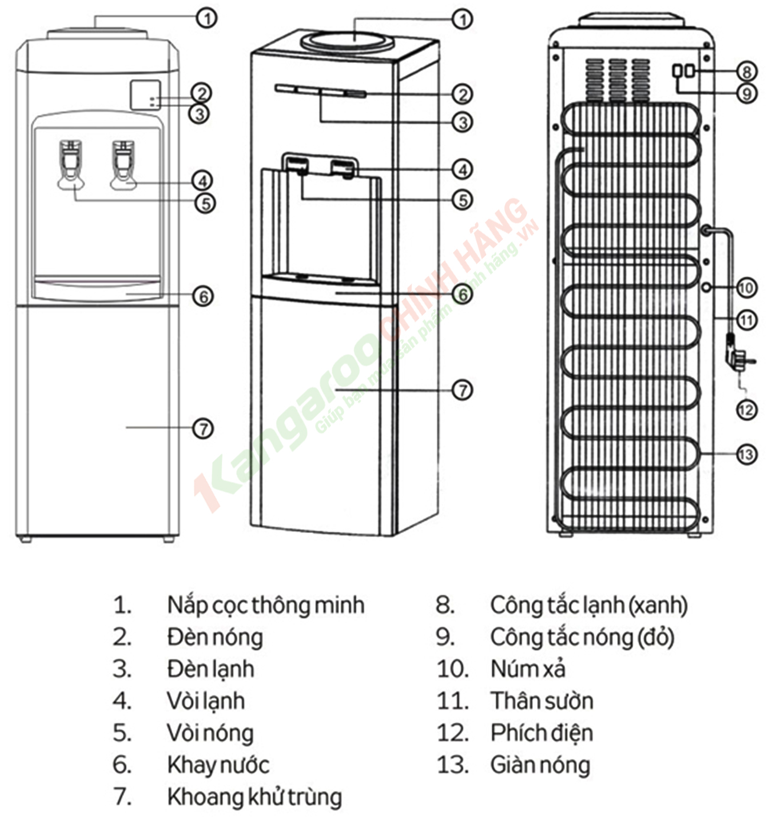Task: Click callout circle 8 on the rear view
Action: coord(747,71)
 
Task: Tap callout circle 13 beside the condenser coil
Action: coord(747,454)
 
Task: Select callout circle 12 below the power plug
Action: coord(747,409)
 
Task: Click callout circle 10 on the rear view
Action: coord(747,288)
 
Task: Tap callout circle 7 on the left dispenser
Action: coord(203,428)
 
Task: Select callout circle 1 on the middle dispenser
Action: coord(463,19)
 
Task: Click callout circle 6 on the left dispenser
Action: coord(203,296)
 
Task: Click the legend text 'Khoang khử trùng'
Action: coord(255,796)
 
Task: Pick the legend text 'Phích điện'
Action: coord(541,733)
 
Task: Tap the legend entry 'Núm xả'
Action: coord(528,669)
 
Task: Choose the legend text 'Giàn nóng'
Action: coord(540,765)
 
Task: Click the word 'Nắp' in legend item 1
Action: coord(183,605)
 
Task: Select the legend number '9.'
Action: coord(445,637)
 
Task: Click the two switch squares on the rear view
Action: coord(683,71)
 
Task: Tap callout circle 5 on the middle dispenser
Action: coord(463,200)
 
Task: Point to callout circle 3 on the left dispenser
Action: coord(200,113)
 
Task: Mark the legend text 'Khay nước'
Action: coord(218,765)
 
